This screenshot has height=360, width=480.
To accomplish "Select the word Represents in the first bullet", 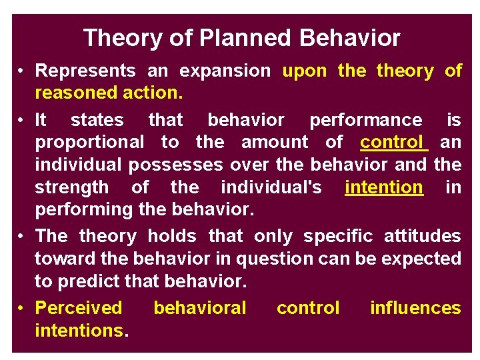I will tap(85, 71).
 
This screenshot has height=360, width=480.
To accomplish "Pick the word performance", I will tap(365, 120).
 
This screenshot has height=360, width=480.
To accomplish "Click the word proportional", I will tap(89, 142).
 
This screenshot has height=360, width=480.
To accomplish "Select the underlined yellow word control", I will tap(393, 142).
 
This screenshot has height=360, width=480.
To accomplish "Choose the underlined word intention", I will tap(383, 187).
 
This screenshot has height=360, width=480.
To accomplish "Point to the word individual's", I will tap(271, 187).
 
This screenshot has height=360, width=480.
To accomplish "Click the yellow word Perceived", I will tap(79, 308).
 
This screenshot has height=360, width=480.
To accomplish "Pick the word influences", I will tap(415, 308).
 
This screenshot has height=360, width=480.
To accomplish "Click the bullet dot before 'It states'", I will tap(22, 121).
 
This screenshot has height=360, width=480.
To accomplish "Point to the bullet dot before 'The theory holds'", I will tap(22, 237).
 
